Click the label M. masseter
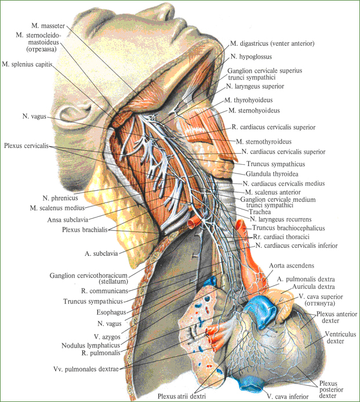coord(48,26)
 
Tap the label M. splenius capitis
coord(27,64)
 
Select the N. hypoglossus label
coord(251,57)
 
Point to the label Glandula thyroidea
coord(272,174)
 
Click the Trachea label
coord(260,212)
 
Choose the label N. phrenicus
coord(60,198)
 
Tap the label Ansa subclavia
coord(68,220)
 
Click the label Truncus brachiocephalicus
coord(289,228)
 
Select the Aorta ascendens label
coord(292,266)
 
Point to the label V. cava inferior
coord(288,396)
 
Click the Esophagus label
coord(111,312)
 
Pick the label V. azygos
coord(107,336)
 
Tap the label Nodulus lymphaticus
coord(90,346)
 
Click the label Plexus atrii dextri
coord(181,396)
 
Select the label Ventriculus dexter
coord(340,338)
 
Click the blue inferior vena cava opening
coord(252,383)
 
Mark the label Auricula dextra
coord(314,287)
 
